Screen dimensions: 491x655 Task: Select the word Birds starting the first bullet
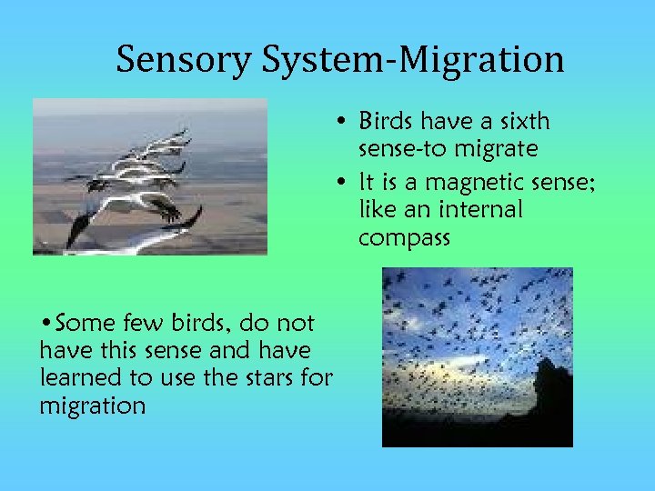(x=386, y=121)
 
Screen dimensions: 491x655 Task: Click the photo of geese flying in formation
(x=150, y=176)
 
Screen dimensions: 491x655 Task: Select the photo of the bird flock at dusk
(x=477, y=356)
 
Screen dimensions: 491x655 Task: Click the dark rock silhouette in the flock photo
(x=549, y=400)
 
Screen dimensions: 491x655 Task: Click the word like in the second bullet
(x=378, y=209)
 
